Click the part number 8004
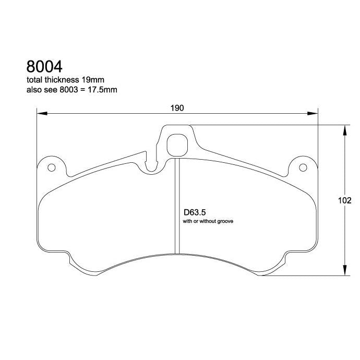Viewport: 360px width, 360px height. pyautogui.click(x=44, y=67)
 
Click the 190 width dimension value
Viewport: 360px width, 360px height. pyautogui.click(x=177, y=108)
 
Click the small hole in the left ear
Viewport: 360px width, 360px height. pyautogui.click(x=51, y=167)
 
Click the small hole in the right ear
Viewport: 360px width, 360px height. pyautogui.click(x=304, y=167)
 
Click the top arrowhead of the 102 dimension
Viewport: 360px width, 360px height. pyautogui.click(x=344, y=129)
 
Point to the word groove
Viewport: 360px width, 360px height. pyautogui.click(x=223, y=221)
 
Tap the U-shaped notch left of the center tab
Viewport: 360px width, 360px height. pyautogui.click(x=152, y=166)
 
